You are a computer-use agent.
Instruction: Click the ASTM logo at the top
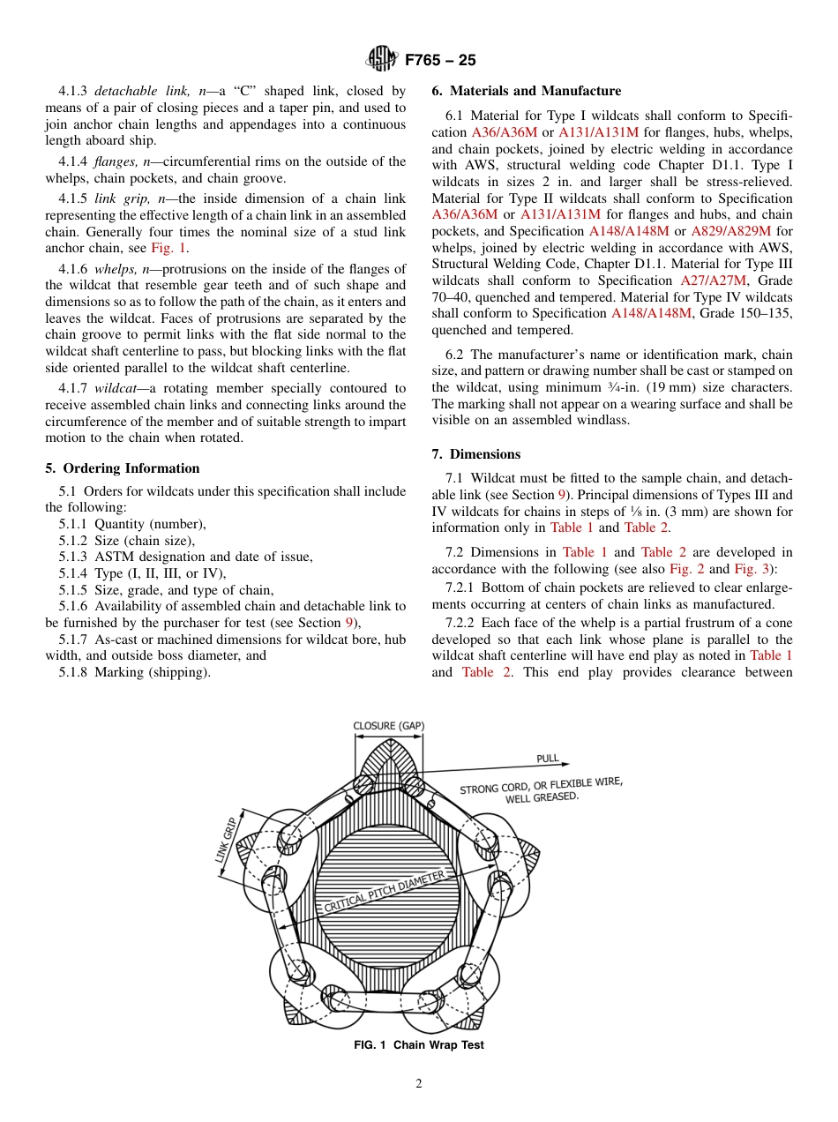tap(382, 60)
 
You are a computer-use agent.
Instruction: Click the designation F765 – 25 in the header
tap(440, 60)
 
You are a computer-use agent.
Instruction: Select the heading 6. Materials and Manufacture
tap(526, 91)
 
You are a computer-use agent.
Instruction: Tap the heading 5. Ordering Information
tap(123, 468)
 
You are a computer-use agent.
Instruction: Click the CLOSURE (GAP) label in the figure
tap(389, 726)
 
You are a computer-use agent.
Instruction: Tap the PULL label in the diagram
tap(548, 759)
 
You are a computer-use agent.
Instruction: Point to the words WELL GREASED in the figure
tap(542, 797)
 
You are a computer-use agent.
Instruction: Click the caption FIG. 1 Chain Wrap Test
tap(418, 1045)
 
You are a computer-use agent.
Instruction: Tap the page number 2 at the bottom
tap(418, 1084)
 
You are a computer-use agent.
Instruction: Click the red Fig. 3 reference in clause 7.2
tap(752, 569)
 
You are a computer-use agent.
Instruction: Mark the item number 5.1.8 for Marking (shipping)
tap(73, 672)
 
